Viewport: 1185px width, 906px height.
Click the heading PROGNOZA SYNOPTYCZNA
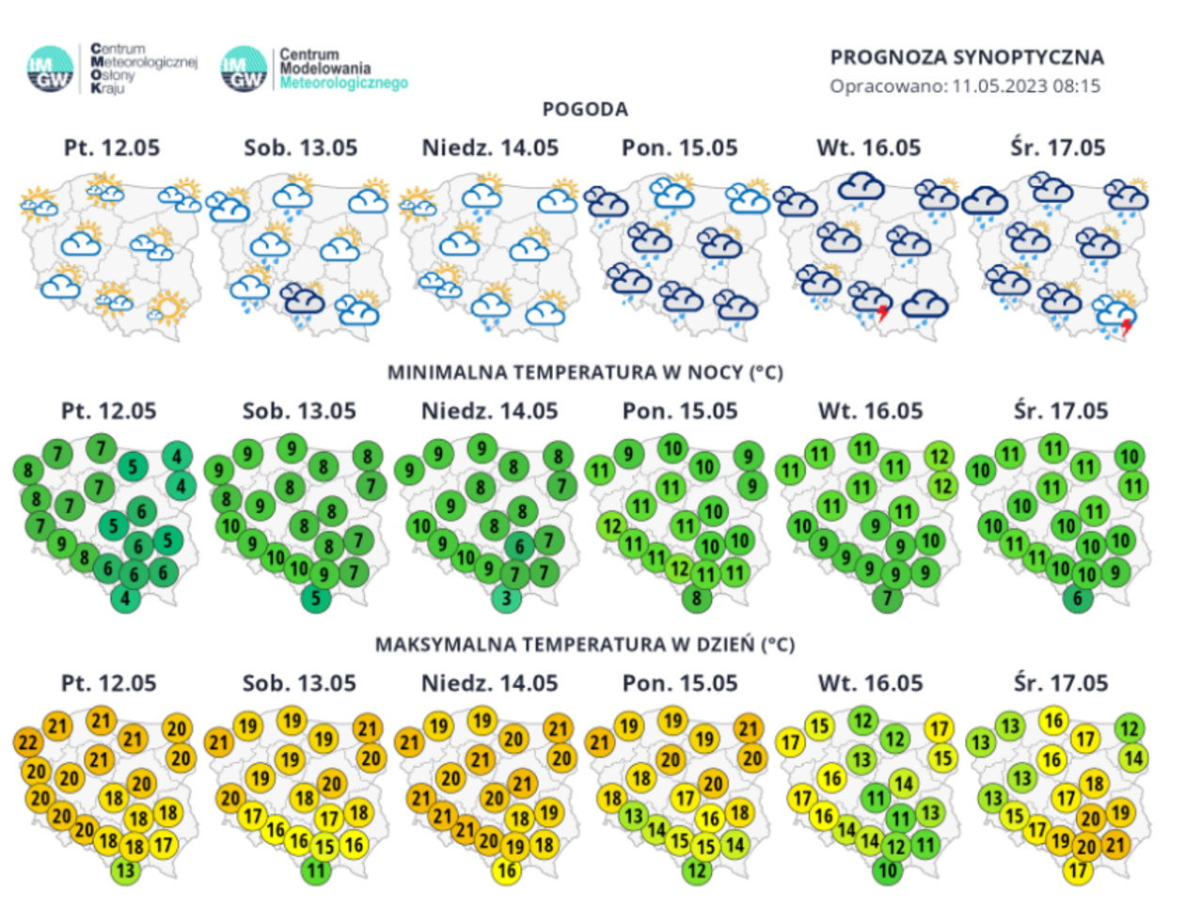966,57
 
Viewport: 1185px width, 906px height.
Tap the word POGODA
585,110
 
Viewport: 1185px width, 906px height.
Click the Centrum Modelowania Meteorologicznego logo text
343,69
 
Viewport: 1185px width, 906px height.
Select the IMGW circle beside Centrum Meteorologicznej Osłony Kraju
50,70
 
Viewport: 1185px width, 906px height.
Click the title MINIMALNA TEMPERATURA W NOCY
585,373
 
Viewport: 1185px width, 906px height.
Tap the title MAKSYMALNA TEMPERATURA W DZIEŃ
585,645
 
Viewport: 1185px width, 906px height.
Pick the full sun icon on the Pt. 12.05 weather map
168,307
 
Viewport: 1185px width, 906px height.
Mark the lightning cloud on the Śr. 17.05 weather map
1116,315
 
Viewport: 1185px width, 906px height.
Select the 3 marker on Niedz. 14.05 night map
507,598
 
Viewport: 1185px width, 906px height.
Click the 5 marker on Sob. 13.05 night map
316,598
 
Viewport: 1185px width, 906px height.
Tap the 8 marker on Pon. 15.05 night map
696,598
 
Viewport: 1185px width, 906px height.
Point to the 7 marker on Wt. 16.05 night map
887,598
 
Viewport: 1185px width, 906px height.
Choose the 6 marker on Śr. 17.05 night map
1078,598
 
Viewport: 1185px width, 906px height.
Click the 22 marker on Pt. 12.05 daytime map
28,742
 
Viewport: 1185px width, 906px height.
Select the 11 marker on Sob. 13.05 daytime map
316,870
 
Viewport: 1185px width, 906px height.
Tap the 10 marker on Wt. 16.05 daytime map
887,870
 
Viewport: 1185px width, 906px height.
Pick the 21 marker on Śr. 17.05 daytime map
1114,845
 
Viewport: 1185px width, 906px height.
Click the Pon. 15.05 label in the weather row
679,148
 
